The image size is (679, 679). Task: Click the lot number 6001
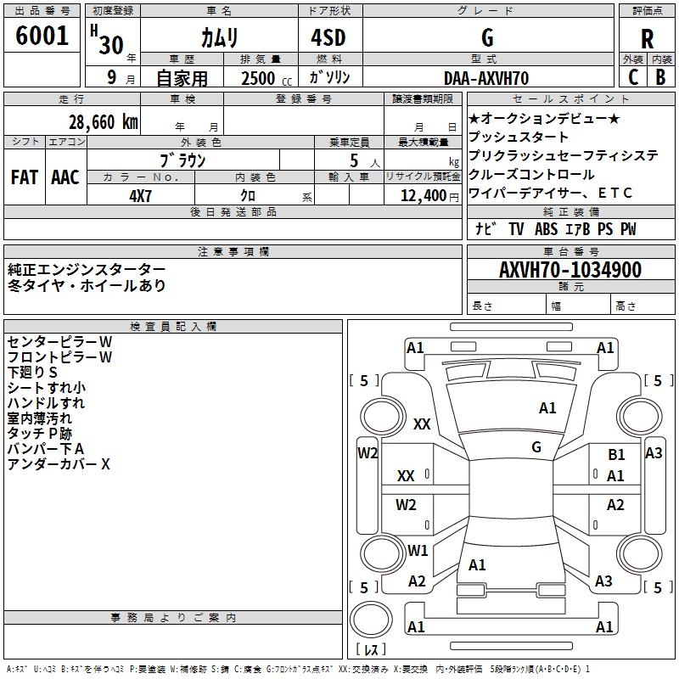[42, 36]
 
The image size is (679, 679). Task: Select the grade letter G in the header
[486, 38]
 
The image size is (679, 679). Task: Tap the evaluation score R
[647, 39]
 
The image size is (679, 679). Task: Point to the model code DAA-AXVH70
[486, 78]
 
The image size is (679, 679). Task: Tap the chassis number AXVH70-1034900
[570, 270]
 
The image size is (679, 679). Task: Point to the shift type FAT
[25, 177]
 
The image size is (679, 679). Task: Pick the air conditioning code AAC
[65, 177]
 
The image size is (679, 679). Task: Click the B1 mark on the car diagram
[616, 455]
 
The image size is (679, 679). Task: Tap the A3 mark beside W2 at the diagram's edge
[654, 453]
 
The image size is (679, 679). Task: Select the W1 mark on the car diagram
[418, 550]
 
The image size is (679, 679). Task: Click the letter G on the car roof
[536, 446]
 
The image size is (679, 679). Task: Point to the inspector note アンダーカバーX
[59, 464]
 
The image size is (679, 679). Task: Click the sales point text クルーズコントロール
[531, 174]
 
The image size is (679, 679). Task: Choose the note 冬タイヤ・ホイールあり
[87, 285]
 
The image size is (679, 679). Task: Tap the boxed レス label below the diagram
[373, 649]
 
